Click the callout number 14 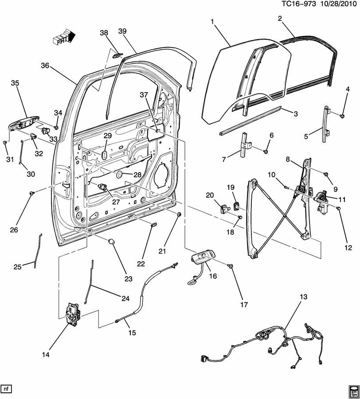click(46, 355)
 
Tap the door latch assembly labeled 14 click(73, 314)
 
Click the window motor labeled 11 click(323, 201)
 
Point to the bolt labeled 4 click(342, 116)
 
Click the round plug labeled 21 click(179, 215)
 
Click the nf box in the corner click(6, 389)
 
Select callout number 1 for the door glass click(212, 21)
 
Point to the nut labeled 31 click(4, 142)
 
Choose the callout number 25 click(17, 266)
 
